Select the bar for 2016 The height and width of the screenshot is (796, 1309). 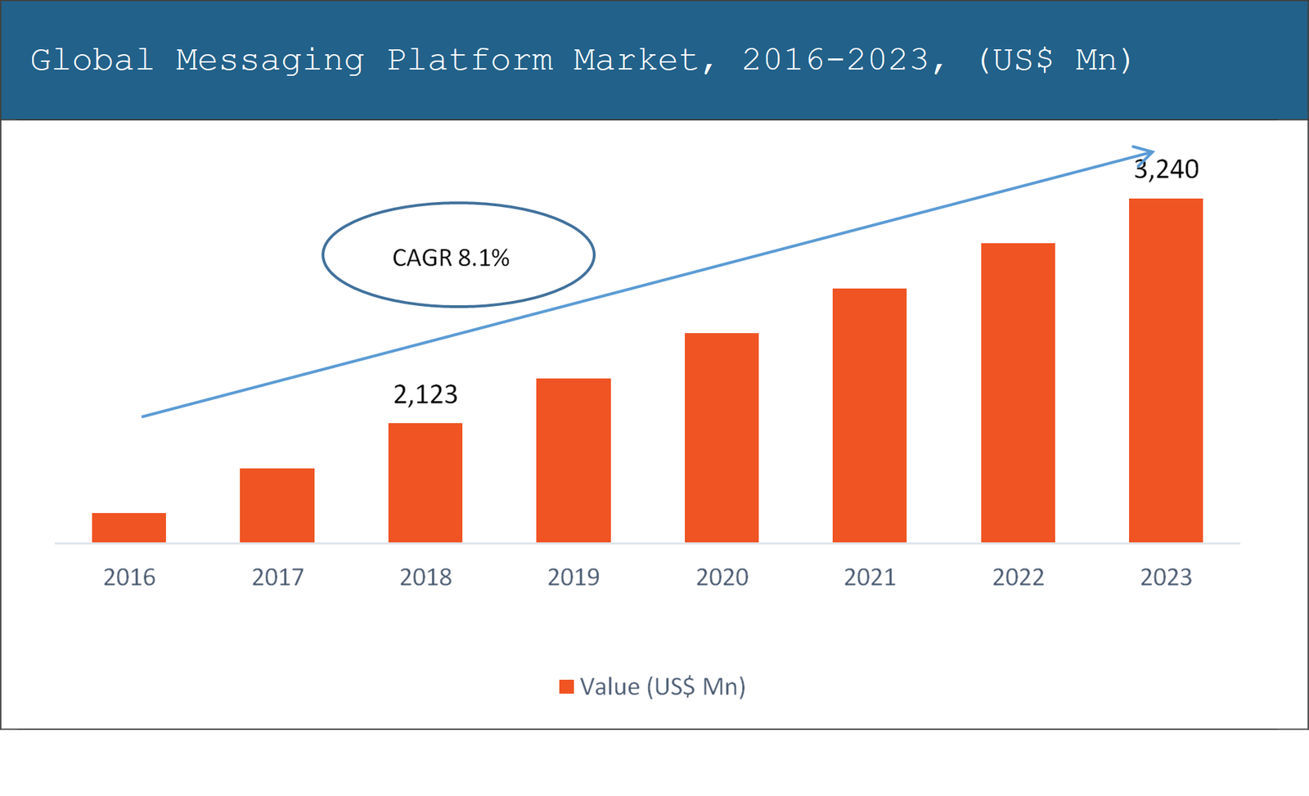[x=128, y=528]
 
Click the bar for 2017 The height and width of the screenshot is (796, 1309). [x=277, y=506]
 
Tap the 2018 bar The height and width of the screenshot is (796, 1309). [x=425, y=483]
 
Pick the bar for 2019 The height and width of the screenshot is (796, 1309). [x=573, y=460]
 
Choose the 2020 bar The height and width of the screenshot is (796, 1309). [x=722, y=438]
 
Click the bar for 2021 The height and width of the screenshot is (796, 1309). [x=869, y=416]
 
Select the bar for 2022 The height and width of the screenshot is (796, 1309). [x=1018, y=393]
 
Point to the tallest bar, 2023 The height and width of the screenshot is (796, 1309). [x=1166, y=370]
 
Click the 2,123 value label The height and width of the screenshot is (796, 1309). [x=425, y=394]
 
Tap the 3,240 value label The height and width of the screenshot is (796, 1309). [x=1167, y=169]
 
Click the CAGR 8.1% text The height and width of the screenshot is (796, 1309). [x=451, y=258]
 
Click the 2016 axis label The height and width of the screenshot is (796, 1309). [x=129, y=578]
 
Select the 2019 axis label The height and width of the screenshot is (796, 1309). [x=573, y=578]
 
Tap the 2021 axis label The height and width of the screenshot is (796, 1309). [x=870, y=578]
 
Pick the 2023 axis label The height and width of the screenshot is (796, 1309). [x=1166, y=578]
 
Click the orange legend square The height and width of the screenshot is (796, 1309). [x=566, y=686]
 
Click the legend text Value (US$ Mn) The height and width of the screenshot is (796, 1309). [x=663, y=686]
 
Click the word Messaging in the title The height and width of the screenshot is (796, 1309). [x=270, y=61]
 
